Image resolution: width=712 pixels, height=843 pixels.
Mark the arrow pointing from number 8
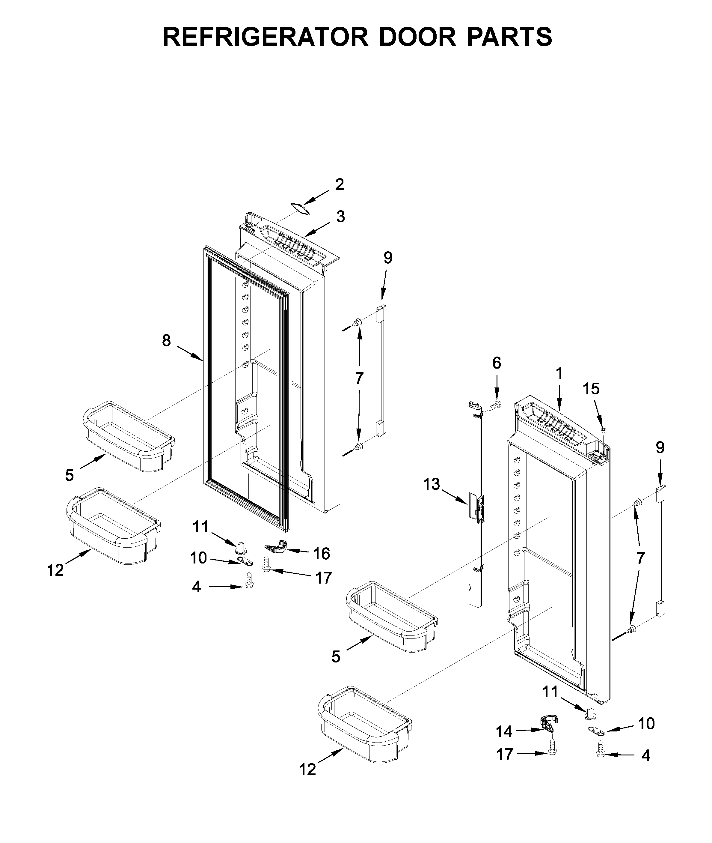[189, 353]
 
